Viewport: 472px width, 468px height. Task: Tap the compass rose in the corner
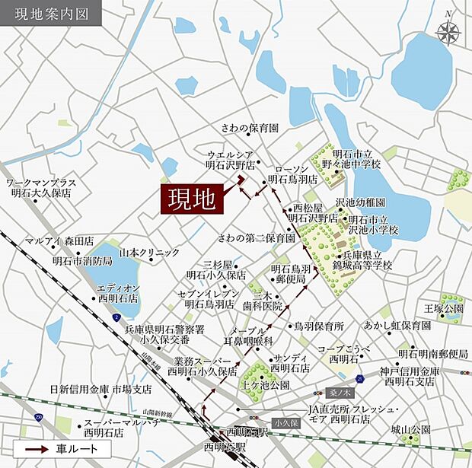[x=448, y=31]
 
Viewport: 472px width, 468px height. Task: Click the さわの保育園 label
[x=250, y=127]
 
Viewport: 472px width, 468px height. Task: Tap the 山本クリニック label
[x=149, y=252]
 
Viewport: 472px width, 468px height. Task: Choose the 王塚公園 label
[x=444, y=308]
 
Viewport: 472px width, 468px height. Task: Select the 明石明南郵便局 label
[x=432, y=354]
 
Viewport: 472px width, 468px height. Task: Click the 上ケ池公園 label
[x=265, y=385]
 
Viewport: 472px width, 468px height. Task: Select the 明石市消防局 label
[x=82, y=261]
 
